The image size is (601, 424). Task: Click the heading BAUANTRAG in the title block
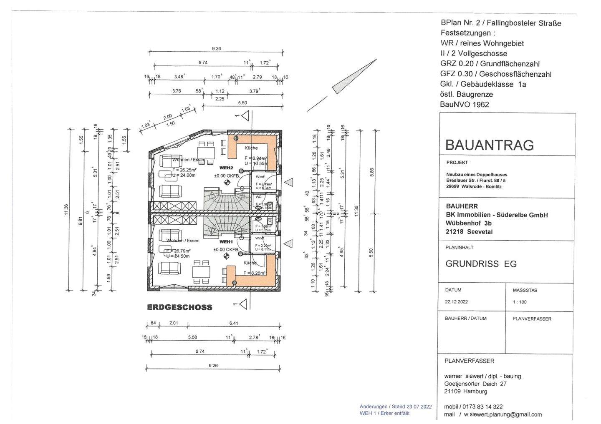click(x=489, y=145)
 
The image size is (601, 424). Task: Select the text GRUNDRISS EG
click(x=481, y=264)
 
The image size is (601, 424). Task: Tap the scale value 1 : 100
click(x=520, y=302)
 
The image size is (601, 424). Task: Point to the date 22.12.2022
click(x=456, y=302)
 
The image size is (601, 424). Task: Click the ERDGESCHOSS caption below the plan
click(x=179, y=307)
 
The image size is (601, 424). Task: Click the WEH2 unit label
click(x=225, y=168)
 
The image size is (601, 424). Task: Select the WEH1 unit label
click(x=226, y=242)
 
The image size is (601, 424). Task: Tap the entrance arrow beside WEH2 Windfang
click(x=288, y=182)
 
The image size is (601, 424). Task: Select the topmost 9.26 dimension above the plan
click(x=216, y=49)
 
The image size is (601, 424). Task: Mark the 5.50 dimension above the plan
click(x=242, y=103)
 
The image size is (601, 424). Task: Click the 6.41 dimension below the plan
click(x=234, y=323)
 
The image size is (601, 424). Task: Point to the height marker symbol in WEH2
click(x=227, y=182)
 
